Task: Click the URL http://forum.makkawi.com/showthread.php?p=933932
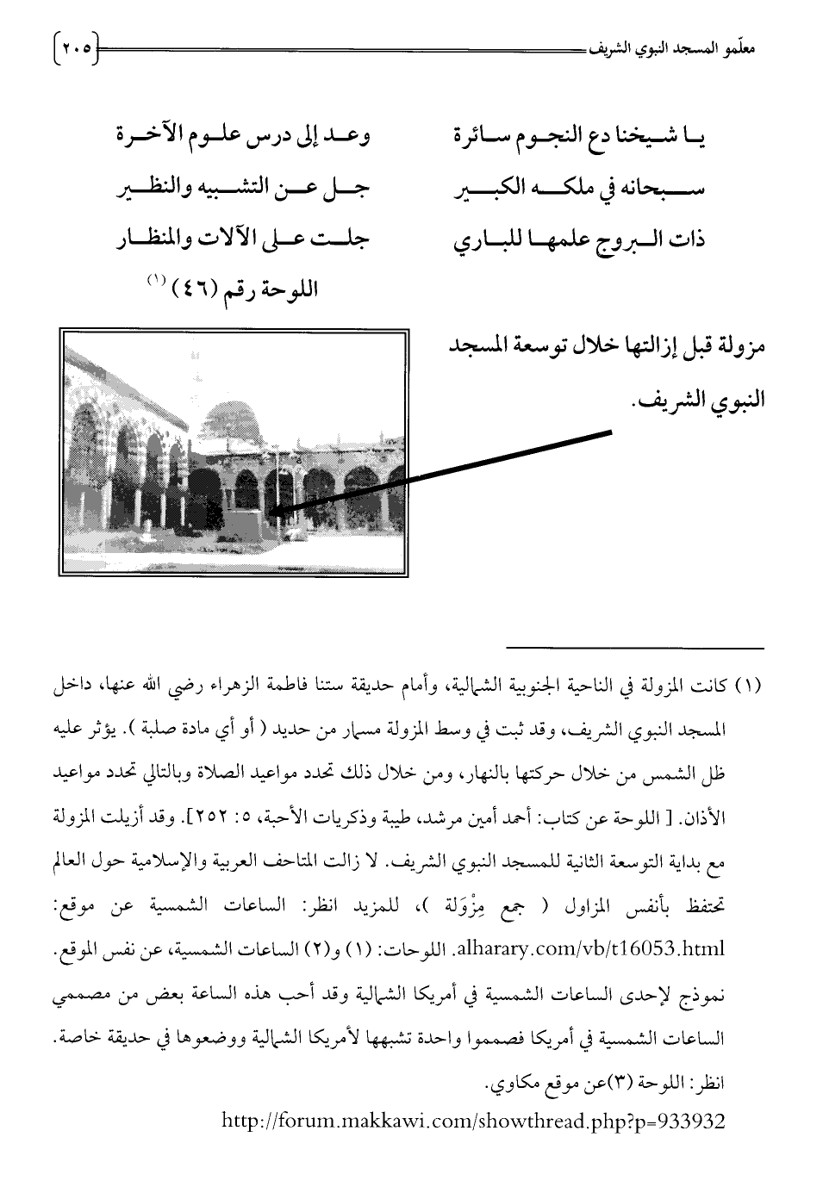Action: point(473,1122)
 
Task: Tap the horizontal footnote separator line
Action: point(635,647)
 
